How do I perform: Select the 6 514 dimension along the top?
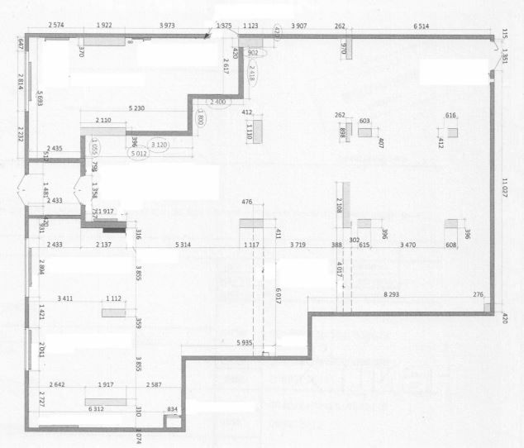point(421,26)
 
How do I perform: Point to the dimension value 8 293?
point(397,294)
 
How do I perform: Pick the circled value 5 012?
point(138,154)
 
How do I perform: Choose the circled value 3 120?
point(160,144)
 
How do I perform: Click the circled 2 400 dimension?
point(217,101)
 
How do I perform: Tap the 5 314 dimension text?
point(183,245)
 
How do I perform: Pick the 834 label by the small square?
point(172,410)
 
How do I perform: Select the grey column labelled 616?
point(452,131)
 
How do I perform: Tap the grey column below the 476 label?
point(250,223)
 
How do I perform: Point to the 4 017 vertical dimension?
point(340,271)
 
